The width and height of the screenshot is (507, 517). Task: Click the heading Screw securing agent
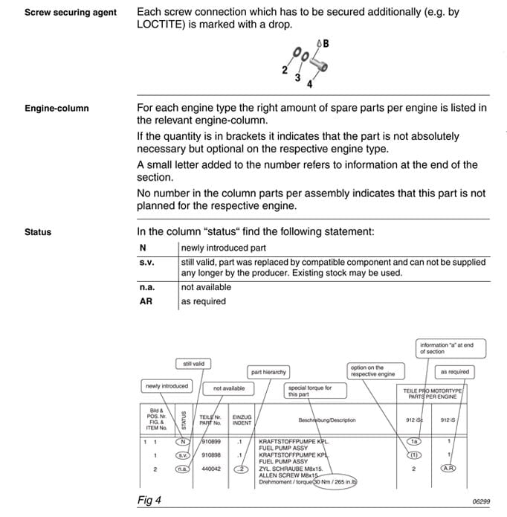pos(71,13)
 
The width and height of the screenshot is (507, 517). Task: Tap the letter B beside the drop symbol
pos(326,44)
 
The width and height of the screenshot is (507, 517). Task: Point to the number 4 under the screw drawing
pos(310,83)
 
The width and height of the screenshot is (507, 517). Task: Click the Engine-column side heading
pos(56,109)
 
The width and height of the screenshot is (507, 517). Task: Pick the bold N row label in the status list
pos(143,248)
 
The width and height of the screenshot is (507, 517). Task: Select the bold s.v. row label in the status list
pos(146,262)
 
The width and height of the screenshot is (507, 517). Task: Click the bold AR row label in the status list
pos(146,301)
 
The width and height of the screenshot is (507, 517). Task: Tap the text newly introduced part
pos(223,248)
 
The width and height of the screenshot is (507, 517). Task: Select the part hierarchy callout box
pos(268,371)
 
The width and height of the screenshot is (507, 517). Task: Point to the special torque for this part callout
pos(309,391)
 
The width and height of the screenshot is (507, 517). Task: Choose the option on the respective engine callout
pos(371,370)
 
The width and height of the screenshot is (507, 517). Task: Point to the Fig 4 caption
pos(149,500)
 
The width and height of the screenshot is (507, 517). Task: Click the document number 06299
pos(480,502)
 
